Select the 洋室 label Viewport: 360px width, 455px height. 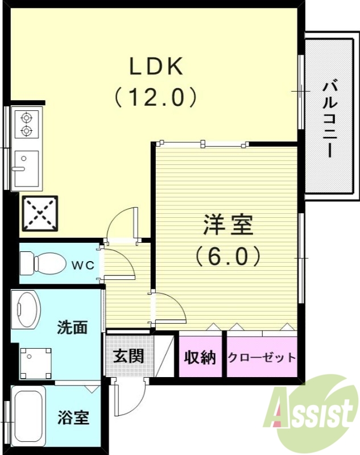tap(228, 226)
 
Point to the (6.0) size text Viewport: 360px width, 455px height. tap(228, 256)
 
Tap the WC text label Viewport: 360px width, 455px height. tap(83, 264)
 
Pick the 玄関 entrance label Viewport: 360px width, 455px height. tap(128, 356)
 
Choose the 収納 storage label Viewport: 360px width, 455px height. tap(200, 357)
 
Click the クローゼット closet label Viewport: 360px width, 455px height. tap(262, 357)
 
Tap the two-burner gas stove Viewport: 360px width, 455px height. tap(26, 125)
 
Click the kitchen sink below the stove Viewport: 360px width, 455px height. tap(26, 168)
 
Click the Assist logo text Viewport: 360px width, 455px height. tap(313, 412)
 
